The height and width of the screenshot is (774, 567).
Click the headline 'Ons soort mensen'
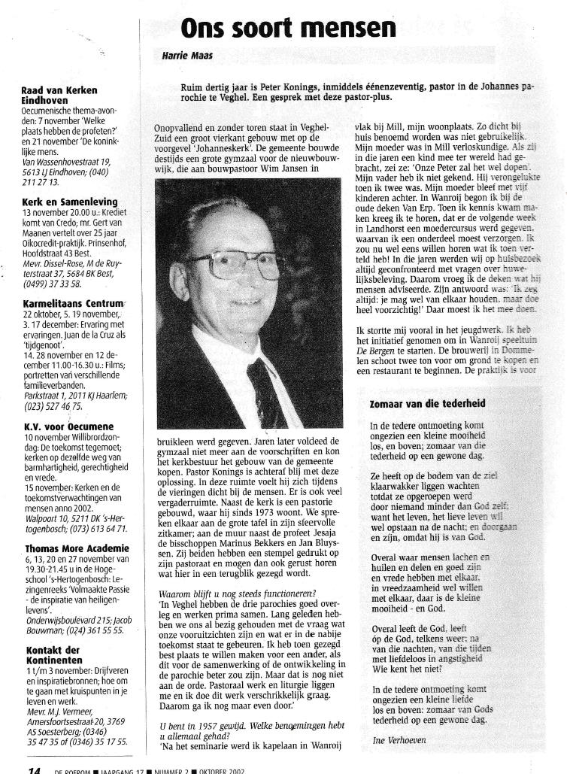click(x=288, y=28)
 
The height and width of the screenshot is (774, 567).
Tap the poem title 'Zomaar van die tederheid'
click(x=426, y=404)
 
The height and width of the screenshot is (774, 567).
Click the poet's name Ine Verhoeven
click(x=399, y=740)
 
